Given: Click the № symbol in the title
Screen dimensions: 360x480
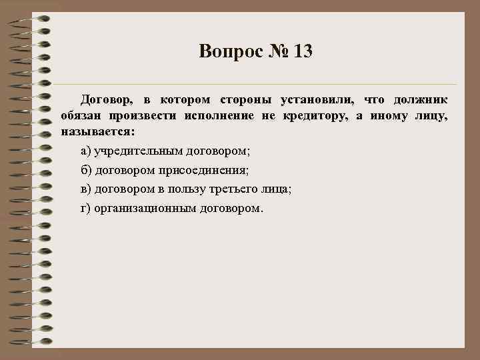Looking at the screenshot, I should pos(278,51).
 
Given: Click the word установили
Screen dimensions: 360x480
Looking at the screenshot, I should pos(316,100).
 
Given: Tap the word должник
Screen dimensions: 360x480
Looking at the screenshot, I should pos(421,100).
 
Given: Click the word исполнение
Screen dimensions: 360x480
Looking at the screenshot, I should pos(214,115).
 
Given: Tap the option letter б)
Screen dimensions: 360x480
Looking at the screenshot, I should pos(86,170).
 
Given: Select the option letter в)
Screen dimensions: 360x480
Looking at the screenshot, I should pos(86,189).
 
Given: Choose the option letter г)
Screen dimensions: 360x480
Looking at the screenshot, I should pos(85,209).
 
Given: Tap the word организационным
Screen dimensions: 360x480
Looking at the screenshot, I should pos(147,209).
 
